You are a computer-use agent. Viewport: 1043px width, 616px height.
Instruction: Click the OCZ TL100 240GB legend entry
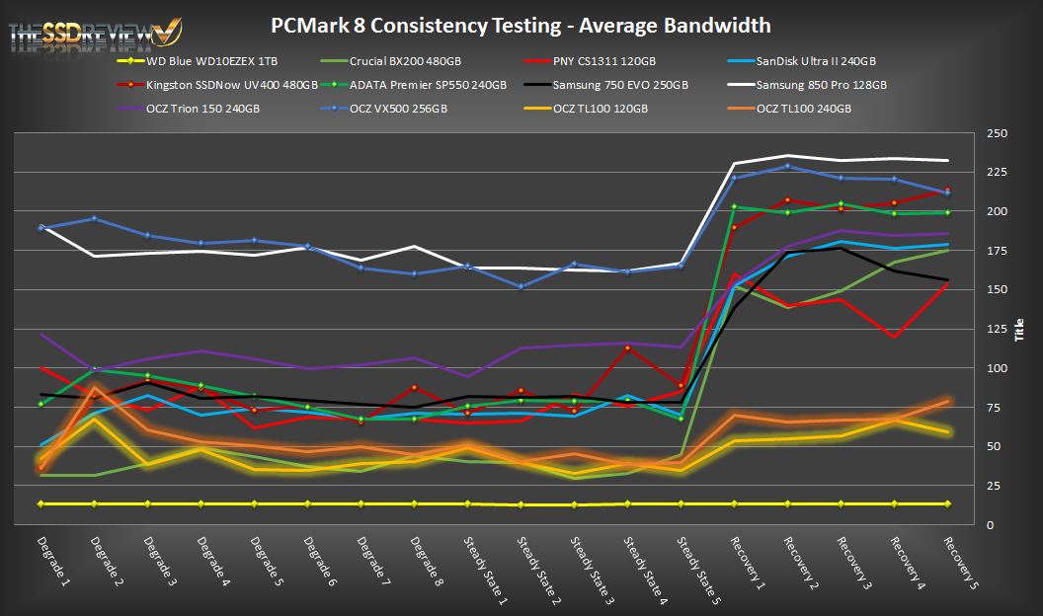(803, 108)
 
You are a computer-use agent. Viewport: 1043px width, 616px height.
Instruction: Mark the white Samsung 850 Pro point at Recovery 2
(787, 156)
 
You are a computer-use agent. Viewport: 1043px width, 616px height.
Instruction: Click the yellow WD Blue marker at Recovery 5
(947, 503)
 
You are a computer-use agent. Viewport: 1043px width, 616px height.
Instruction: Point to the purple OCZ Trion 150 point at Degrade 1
(40, 334)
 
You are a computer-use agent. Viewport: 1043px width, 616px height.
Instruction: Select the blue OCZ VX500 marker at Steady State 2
(521, 286)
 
